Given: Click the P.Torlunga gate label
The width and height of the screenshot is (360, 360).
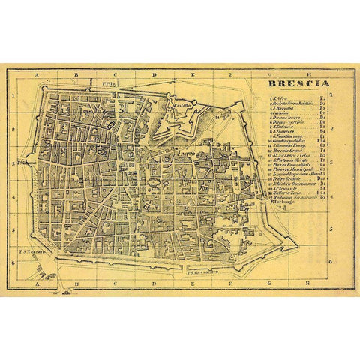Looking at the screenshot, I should coord(280,202).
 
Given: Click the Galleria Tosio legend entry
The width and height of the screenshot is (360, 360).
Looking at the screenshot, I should coord(285,193).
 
